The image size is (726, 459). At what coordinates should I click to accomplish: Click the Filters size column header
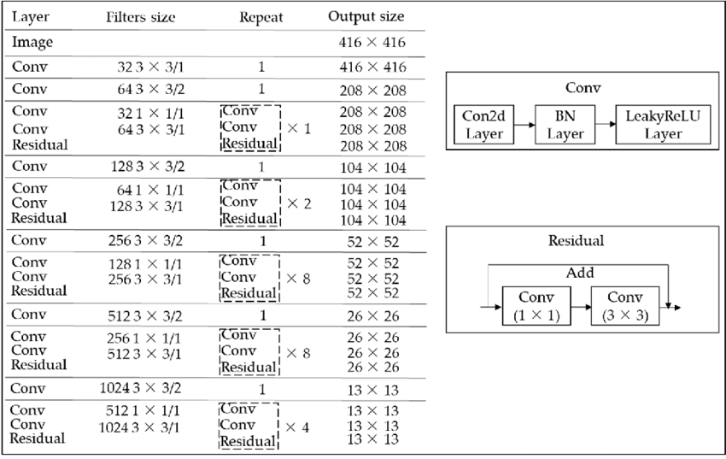tap(140, 17)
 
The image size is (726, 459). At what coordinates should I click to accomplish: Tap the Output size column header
tap(366, 17)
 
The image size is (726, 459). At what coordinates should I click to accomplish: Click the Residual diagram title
tap(576, 241)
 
